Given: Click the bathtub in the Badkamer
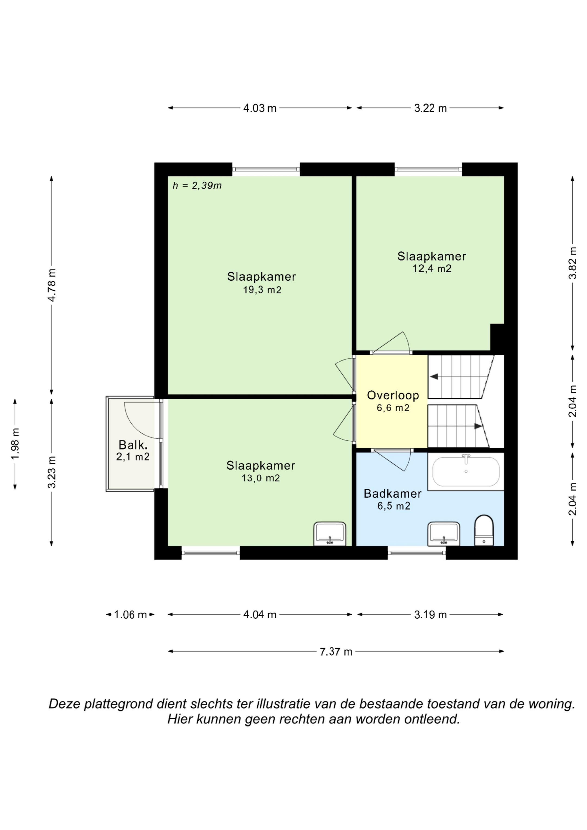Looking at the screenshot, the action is point(466,472).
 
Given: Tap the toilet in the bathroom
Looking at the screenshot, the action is point(484,530).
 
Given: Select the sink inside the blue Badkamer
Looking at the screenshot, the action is point(444,534).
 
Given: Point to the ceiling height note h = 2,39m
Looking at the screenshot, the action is point(197,186).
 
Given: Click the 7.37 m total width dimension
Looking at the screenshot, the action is point(336,652).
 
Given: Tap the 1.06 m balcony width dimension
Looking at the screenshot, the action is point(130,615).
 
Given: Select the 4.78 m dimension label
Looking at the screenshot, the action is point(52,285).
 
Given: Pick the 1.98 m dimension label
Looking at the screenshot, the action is point(15,444).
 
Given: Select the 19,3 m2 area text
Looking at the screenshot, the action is point(262,290).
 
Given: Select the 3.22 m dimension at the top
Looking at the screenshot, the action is point(430,108).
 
